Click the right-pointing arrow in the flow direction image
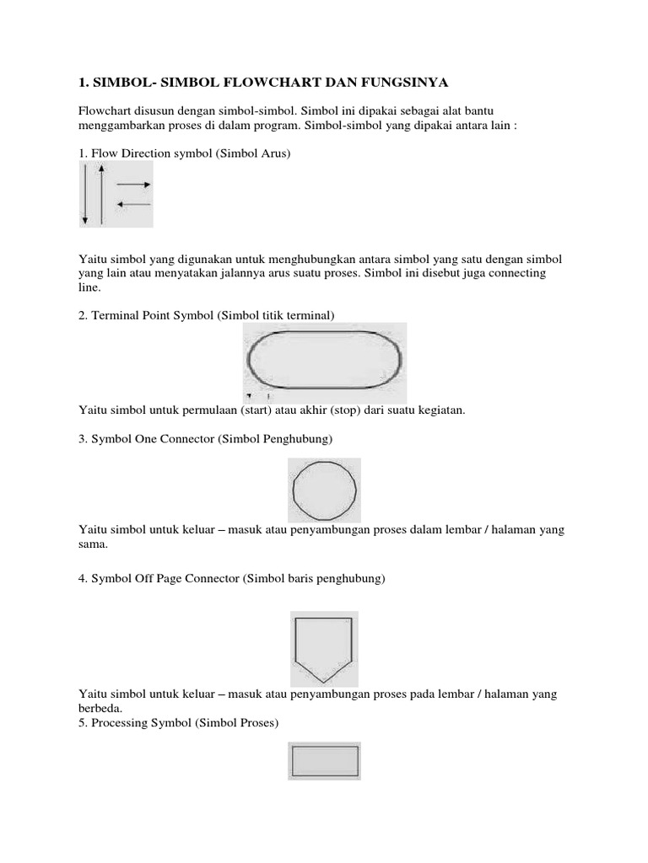134,185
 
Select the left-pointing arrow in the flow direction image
133,204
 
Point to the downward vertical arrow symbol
85,195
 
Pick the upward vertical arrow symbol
101,195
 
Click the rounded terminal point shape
325,359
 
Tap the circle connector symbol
324,490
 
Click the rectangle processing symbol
324,762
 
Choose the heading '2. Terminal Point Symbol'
207,314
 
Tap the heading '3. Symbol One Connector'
206,439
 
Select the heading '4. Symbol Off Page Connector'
232,580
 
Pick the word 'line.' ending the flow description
89,287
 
